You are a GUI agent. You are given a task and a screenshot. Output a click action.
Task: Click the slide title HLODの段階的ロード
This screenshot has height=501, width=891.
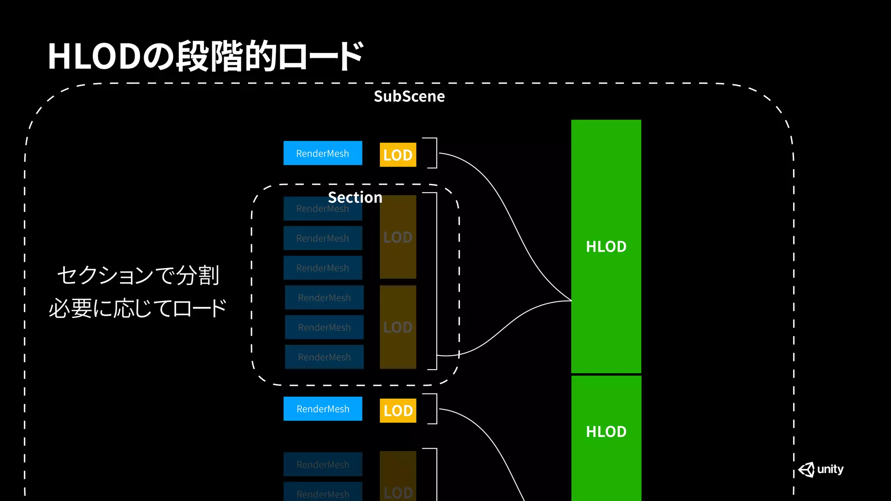tap(205, 57)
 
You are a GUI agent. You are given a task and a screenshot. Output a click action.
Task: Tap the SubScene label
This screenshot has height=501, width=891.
tap(409, 96)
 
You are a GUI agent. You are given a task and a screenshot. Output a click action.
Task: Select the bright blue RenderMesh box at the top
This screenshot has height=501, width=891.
tap(322, 153)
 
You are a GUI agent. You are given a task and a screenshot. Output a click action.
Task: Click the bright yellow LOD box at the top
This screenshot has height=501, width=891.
tap(398, 155)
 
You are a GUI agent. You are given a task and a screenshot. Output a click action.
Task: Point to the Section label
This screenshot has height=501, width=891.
tap(355, 197)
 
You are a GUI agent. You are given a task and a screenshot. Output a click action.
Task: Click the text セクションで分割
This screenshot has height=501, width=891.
tap(138, 275)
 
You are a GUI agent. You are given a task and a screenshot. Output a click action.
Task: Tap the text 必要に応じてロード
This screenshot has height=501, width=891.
tap(137, 308)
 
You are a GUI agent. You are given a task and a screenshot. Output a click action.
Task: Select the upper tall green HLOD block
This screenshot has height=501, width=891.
tap(606, 246)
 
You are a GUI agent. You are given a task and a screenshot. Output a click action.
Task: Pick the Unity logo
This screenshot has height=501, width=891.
tap(821, 469)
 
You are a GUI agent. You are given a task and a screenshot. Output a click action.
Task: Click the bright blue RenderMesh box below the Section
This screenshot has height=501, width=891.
tap(322, 409)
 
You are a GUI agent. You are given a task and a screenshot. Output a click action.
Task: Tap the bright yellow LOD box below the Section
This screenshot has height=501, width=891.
tap(398, 411)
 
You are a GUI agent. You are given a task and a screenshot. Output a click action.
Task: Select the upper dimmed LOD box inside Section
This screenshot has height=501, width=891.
tap(398, 237)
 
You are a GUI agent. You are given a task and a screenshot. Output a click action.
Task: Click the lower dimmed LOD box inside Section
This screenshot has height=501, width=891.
tap(398, 327)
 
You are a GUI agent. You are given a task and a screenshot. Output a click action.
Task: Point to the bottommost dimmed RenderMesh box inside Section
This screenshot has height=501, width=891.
tap(324, 357)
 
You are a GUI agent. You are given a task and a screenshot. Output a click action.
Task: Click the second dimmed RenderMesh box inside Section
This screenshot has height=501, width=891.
tap(322, 238)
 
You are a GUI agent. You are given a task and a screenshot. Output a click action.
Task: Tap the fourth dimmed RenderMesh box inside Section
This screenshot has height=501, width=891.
tap(324, 297)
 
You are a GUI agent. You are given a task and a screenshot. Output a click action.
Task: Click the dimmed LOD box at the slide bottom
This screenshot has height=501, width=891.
tap(398, 478)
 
